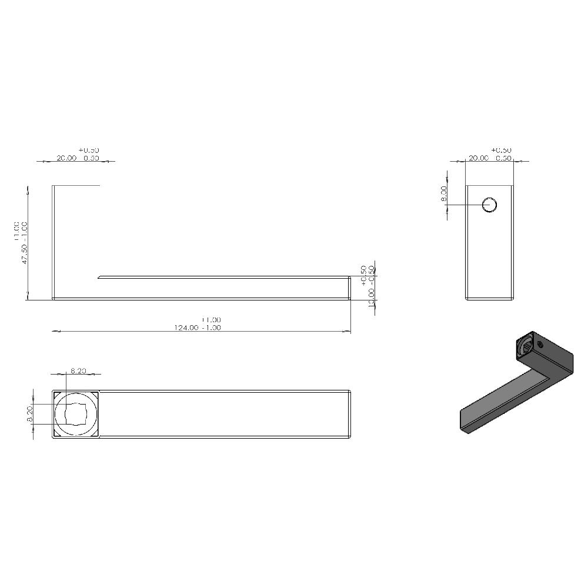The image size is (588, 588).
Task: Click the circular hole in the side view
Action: [490, 205]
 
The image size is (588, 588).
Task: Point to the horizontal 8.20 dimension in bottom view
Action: [78, 371]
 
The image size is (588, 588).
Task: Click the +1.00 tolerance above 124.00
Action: [202, 320]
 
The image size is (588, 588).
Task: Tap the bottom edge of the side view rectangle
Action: [490, 299]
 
